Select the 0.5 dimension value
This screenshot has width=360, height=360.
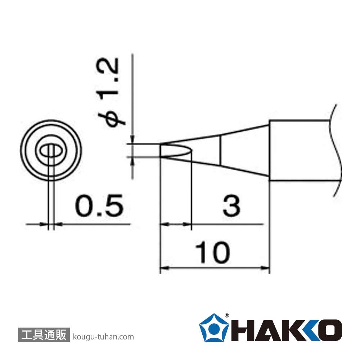pyautogui.click(x=99, y=206)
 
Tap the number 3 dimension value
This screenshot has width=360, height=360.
pyautogui.click(x=231, y=206)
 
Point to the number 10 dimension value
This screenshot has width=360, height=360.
pyautogui.click(x=212, y=252)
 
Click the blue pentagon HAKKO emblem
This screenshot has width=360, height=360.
pyautogui.click(x=214, y=328)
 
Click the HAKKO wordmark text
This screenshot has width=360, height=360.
pyautogui.click(x=286, y=330)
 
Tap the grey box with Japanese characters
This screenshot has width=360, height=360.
pyautogui.click(x=44, y=334)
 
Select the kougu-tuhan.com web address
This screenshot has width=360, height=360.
pyautogui.click(x=103, y=337)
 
